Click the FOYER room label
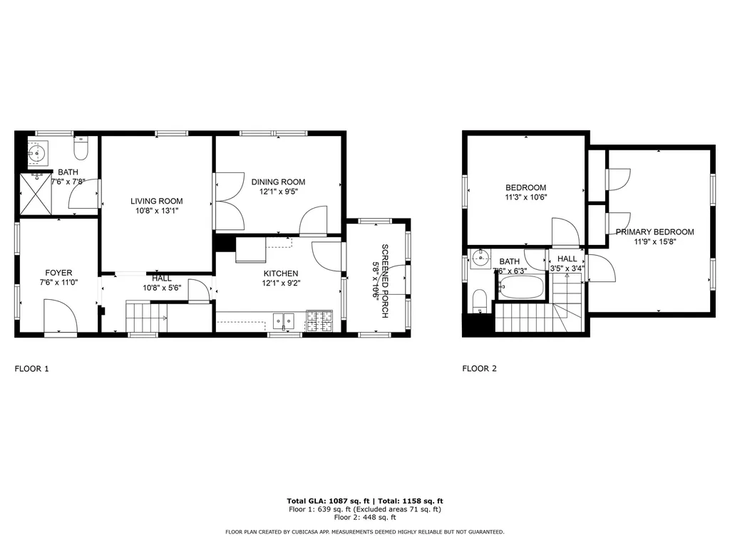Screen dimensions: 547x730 pyautogui.click(x=58, y=273)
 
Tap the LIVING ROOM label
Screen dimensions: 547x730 pyautogui.click(x=156, y=201)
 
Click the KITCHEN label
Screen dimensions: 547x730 pyautogui.click(x=281, y=273)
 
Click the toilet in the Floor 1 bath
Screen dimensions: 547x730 pyautogui.click(x=81, y=150)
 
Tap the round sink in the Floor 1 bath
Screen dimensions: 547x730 pyautogui.click(x=37, y=152)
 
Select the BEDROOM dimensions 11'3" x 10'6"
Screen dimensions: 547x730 pyautogui.click(x=526, y=197)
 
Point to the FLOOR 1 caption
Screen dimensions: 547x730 pyautogui.click(x=32, y=369)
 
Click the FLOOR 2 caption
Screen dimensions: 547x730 pyautogui.click(x=479, y=369)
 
